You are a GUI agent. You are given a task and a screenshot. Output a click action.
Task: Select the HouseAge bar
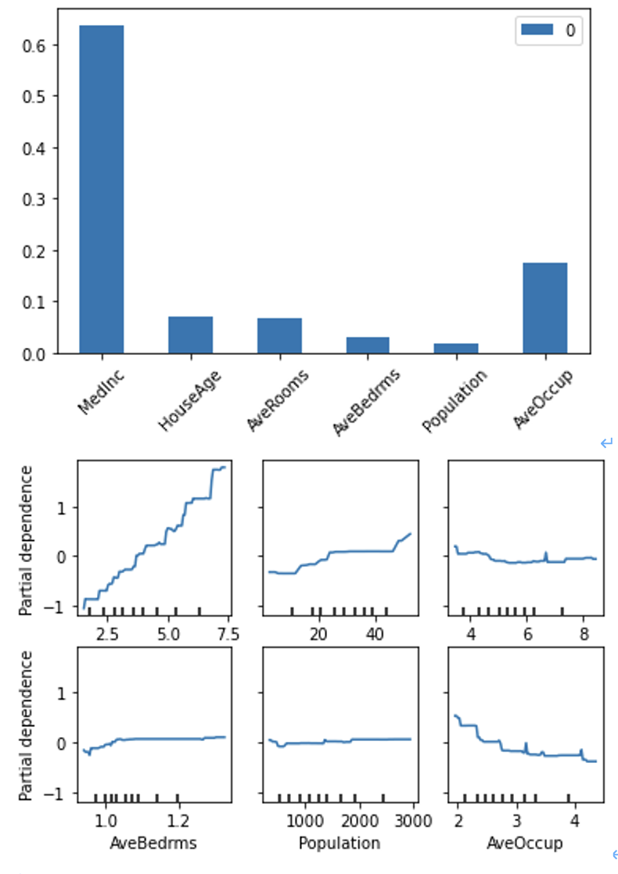click(190, 335)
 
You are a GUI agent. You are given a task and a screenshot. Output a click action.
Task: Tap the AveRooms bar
click(279, 335)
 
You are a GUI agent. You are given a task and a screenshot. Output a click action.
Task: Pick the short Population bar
click(456, 348)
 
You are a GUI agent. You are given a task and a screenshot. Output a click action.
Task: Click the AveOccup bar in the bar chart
click(544, 308)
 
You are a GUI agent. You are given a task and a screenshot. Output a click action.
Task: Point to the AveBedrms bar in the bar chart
click(368, 345)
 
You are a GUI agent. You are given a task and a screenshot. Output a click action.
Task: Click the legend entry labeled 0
click(549, 30)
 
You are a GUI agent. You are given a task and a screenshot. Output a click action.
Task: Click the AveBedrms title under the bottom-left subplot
click(153, 844)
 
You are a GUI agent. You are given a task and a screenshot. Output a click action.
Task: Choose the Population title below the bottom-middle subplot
click(339, 844)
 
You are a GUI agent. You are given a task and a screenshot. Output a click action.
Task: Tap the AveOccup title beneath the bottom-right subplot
click(524, 844)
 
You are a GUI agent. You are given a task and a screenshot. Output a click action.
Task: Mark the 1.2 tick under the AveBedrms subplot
click(178, 821)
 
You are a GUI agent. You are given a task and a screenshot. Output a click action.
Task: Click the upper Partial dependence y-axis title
click(27, 539)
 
